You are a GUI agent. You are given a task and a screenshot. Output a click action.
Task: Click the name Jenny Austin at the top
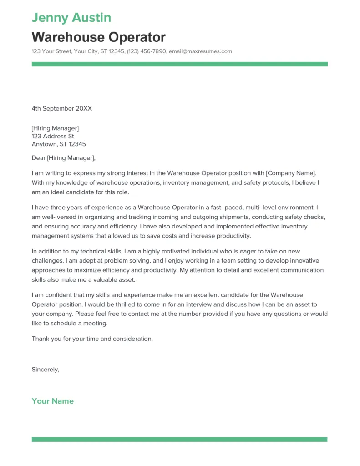tap(71, 18)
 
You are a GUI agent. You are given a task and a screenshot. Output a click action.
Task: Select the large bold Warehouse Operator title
tap(99, 37)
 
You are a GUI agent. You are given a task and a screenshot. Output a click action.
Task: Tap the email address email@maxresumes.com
tap(200, 51)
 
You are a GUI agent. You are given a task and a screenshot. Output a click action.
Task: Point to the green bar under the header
tap(179, 64)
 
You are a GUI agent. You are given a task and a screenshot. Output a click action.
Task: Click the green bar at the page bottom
tap(179, 440)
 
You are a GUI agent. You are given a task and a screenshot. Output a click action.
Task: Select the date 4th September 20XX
tap(62, 108)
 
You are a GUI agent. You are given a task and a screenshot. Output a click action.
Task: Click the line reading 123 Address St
tap(53, 136)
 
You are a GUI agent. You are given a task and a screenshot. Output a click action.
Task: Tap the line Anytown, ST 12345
tap(59, 144)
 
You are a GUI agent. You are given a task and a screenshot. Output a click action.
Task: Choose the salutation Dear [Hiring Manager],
tap(64, 158)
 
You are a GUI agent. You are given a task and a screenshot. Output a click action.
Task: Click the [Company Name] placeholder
tap(290, 173)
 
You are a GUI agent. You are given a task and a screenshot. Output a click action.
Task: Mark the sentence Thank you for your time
tap(92, 339)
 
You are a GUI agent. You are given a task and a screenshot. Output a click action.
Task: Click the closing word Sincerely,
tap(46, 370)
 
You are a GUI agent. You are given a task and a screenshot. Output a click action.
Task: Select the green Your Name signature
tap(53, 401)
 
